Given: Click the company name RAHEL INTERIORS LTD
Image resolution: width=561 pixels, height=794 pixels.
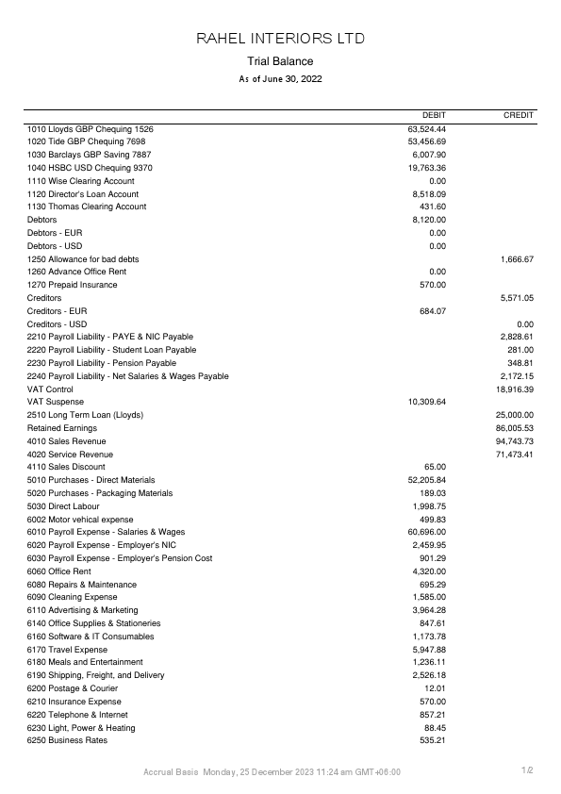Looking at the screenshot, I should point(280,39).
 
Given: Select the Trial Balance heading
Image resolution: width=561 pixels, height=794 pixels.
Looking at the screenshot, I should point(280,61).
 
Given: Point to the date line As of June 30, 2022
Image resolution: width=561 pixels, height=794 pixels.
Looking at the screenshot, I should point(280,79).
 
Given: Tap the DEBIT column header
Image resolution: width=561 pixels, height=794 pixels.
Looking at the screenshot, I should point(433,115).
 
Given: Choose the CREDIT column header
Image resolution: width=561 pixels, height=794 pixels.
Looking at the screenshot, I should point(519,115).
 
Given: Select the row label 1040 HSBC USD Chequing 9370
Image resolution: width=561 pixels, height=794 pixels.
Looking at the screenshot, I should point(90,168).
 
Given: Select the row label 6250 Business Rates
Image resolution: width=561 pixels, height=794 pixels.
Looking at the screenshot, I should point(67,740).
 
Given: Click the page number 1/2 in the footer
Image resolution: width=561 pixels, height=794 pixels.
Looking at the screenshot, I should point(528,771).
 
